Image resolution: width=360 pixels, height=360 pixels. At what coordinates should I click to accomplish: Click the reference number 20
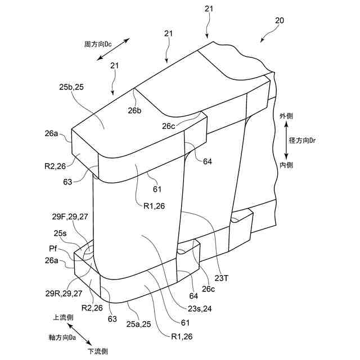279,20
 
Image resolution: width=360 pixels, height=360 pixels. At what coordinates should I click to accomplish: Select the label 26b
134,111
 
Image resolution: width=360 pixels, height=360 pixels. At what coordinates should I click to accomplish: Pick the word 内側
286,165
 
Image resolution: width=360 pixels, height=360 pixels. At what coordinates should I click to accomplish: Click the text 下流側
97,351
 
